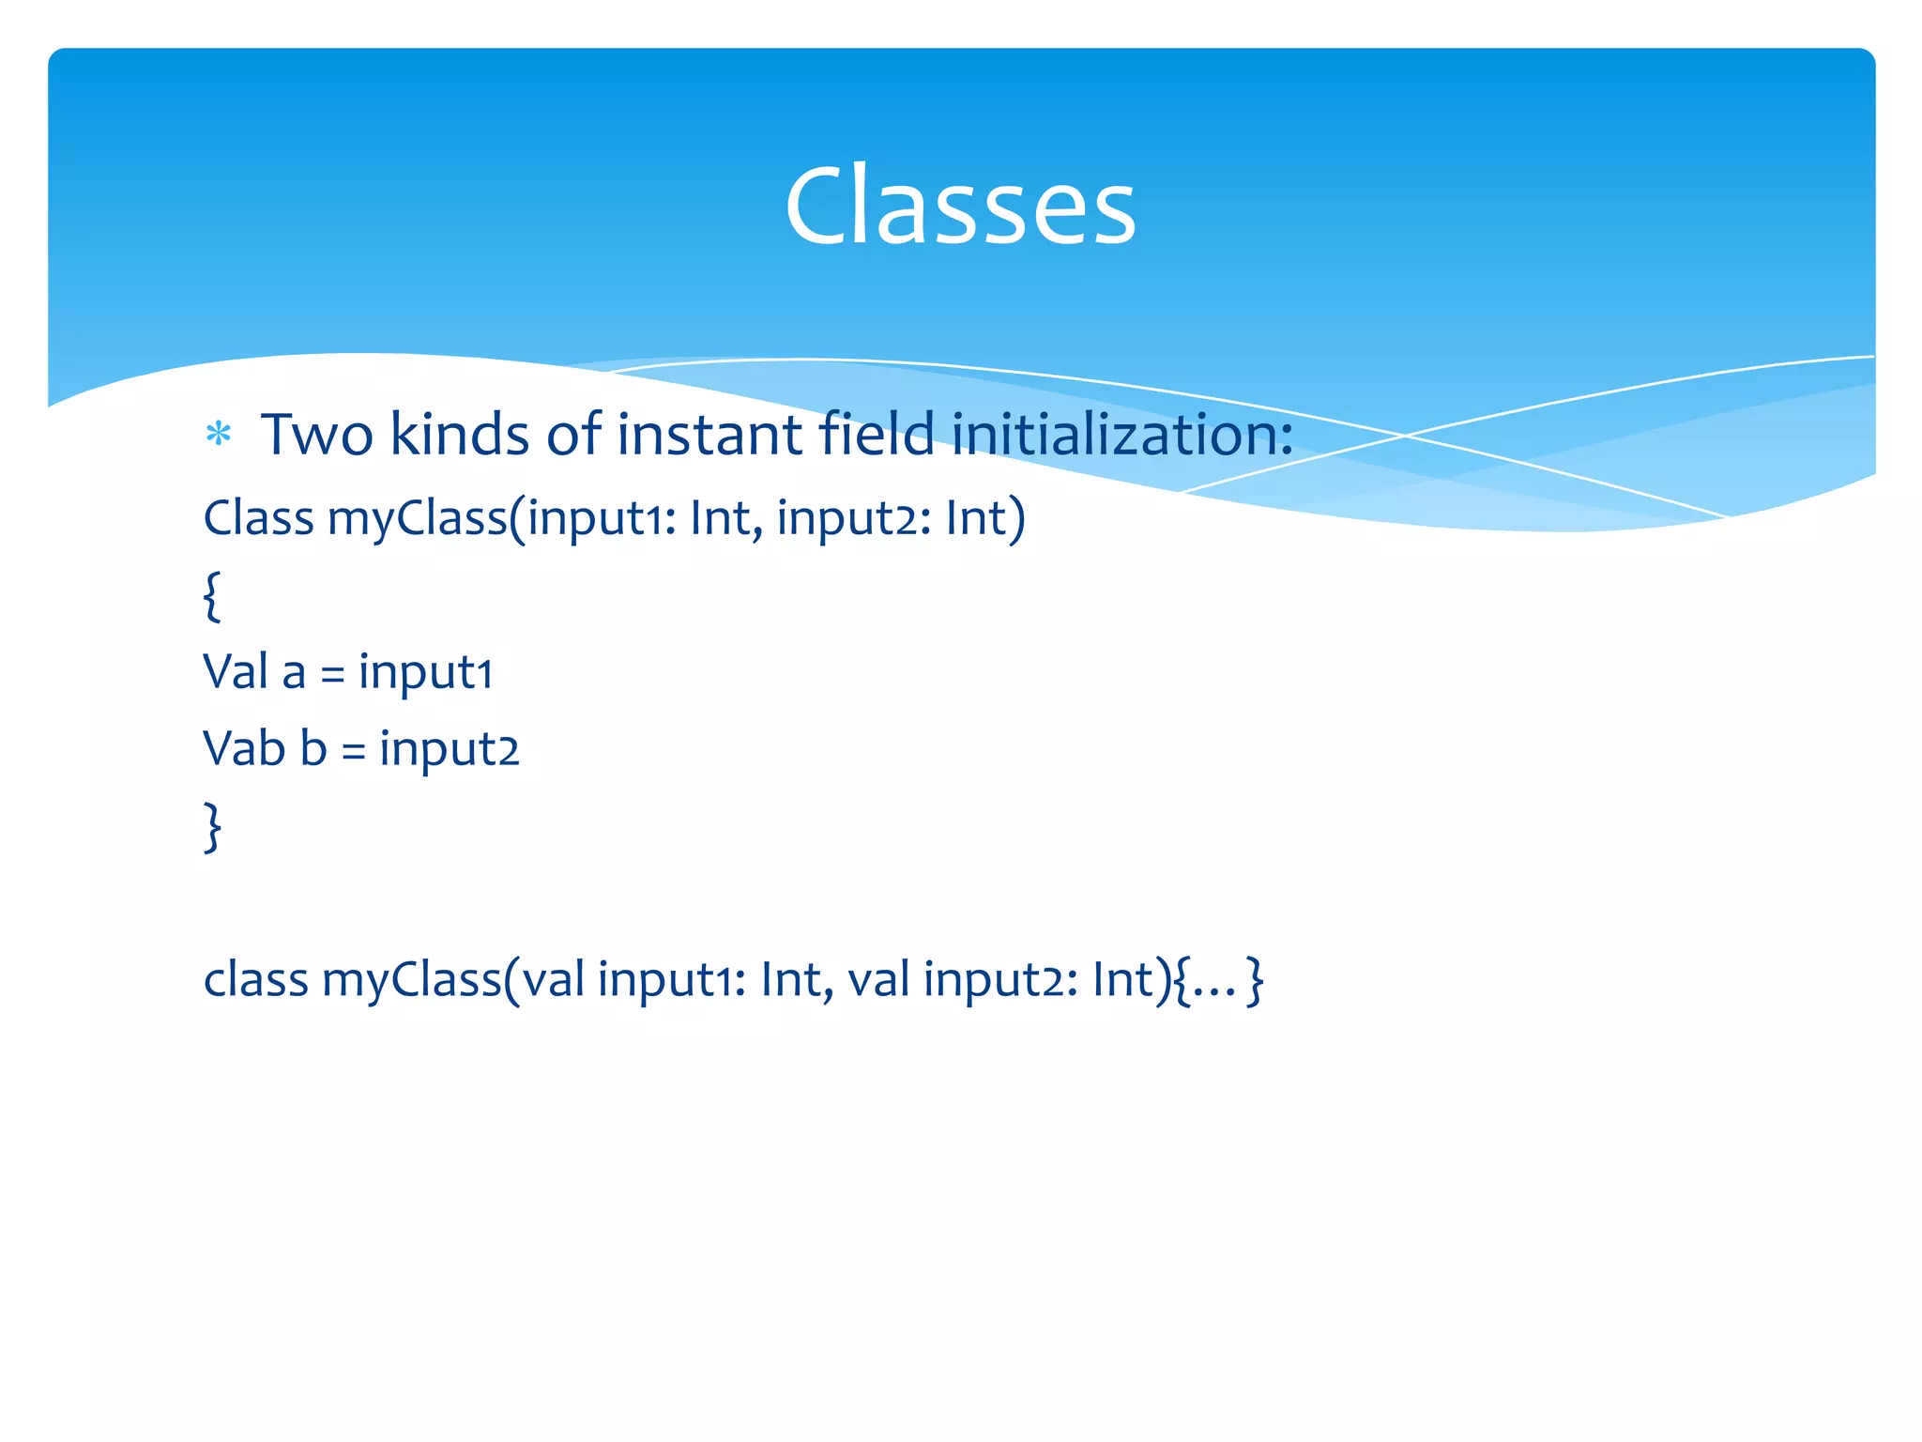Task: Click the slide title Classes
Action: (960, 206)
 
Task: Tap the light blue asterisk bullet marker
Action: (218, 435)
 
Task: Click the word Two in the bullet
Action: (317, 435)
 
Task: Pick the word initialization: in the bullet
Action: (1121, 435)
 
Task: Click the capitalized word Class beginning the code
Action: (258, 517)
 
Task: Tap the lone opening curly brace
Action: (212, 595)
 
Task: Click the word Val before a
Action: (236, 672)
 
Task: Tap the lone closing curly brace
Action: (212, 826)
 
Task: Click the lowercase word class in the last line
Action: (255, 980)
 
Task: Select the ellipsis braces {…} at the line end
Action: (1218, 980)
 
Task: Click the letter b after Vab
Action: (313, 749)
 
